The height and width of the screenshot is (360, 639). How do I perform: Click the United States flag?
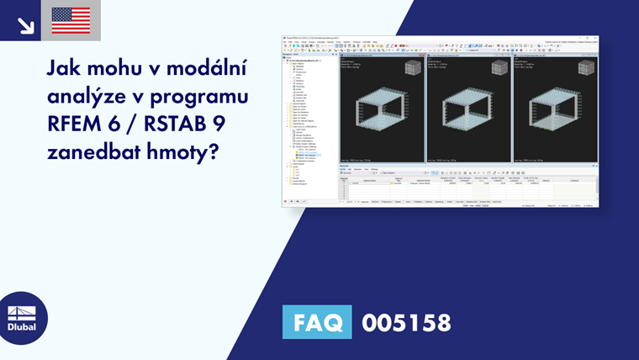tap(71, 20)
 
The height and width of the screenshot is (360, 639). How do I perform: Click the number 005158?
tap(406, 323)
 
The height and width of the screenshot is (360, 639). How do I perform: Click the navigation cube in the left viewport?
tap(415, 68)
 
